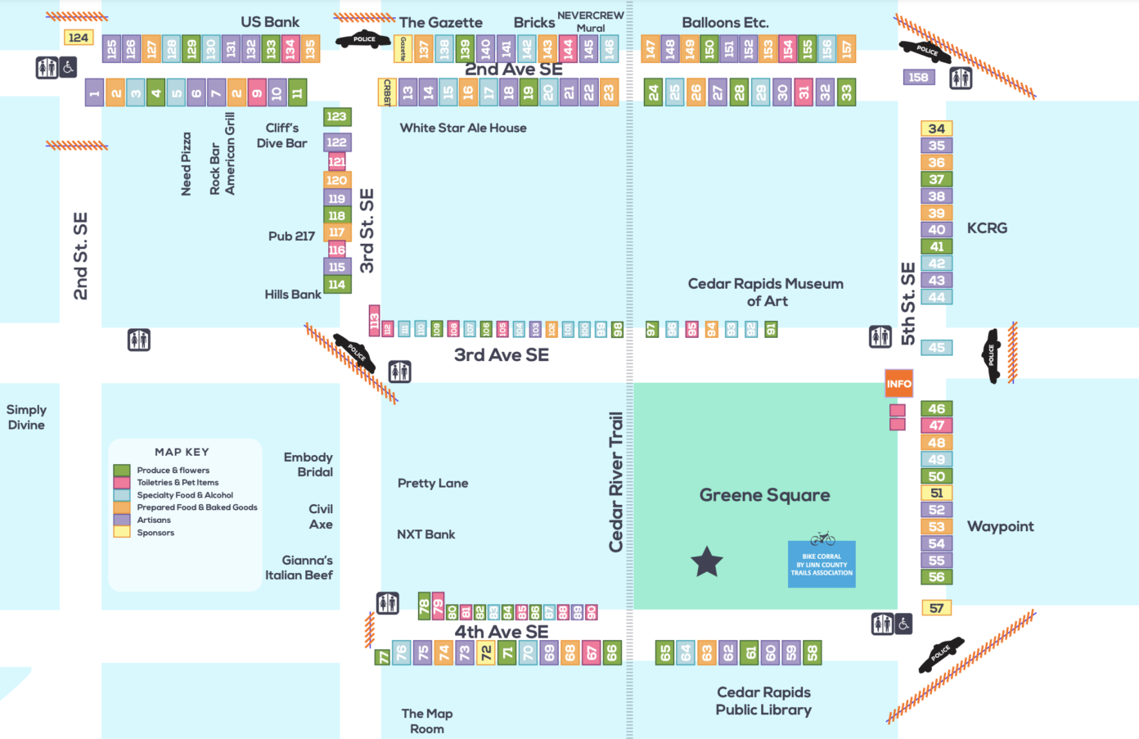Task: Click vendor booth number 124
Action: [79, 38]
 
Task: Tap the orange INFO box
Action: [898, 383]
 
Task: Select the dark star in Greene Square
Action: [707, 562]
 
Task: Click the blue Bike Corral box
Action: [822, 564]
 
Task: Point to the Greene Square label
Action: [764, 495]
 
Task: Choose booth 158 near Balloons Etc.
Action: [918, 77]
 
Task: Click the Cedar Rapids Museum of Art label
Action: [766, 292]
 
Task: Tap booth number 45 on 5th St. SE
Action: [936, 348]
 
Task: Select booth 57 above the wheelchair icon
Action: [936, 608]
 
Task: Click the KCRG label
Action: [987, 228]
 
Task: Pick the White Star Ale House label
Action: [463, 128]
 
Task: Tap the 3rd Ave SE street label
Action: [502, 354]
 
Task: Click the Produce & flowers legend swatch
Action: [122, 471]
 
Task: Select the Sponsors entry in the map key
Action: [155, 533]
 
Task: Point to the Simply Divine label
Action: [26, 417]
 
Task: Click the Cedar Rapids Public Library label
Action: [763, 701]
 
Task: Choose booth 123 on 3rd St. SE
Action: [336, 116]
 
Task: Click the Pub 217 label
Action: [291, 237]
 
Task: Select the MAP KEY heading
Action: [182, 452]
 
